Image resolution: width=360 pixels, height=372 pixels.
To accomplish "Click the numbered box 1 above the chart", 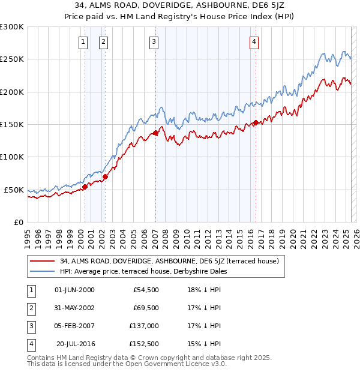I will [x=82, y=41].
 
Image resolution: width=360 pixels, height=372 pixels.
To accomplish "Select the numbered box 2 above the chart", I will [x=103, y=41].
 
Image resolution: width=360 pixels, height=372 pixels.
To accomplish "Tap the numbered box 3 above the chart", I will [x=154, y=41].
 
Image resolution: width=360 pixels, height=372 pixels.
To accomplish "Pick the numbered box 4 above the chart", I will [x=254, y=41].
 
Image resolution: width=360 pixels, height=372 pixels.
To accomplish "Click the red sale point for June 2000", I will [x=85, y=187].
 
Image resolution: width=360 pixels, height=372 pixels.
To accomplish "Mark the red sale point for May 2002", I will [x=105, y=177].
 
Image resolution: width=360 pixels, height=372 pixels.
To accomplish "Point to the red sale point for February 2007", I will [x=155, y=133].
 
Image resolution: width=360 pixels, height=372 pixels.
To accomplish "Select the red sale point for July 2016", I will [x=256, y=123].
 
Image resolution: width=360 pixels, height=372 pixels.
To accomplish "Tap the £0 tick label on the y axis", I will [x=18, y=222].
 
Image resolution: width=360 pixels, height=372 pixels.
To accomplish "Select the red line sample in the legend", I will [x=42, y=261].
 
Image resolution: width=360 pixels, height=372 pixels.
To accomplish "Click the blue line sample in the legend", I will [x=42, y=271].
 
